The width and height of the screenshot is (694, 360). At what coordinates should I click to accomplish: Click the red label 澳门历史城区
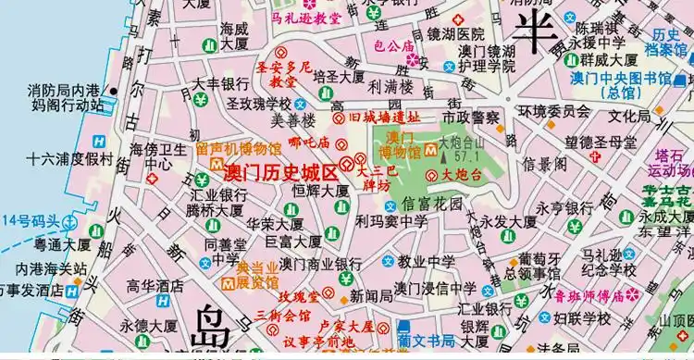(280, 172)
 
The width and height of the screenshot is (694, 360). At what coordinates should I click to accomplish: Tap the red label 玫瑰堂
(299, 296)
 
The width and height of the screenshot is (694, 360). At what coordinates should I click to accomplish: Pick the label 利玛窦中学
(390, 222)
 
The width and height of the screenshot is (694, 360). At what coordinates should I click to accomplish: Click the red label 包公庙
(393, 44)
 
